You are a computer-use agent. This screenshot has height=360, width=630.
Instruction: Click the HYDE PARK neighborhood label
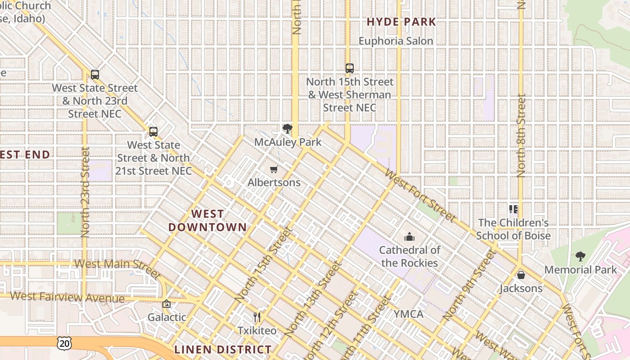pyautogui.click(x=401, y=22)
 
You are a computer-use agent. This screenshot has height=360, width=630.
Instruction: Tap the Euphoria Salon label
pyautogui.click(x=396, y=41)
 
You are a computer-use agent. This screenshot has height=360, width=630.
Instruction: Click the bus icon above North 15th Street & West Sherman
pyautogui.click(x=350, y=68)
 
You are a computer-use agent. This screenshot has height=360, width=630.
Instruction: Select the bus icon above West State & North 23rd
pyautogui.click(x=95, y=75)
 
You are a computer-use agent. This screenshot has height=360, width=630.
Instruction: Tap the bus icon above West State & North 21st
pyautogui.click(x=153, y=132)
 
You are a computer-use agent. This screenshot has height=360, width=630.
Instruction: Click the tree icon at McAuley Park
pyautogui.click(x=287, y=129)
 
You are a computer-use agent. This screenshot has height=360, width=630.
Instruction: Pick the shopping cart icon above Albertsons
pyautogui.click(x=274, y=170)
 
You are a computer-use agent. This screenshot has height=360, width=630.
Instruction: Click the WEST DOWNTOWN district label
pyautogui.click(x=207, y=220)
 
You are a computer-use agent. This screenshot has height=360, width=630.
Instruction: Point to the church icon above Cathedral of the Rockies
pyautogui.click(x=409, y=236)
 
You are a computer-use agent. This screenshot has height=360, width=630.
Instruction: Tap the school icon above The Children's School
pyautogui.click(x=513, y=209)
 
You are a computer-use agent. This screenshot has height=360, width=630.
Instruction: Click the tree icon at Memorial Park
pyautogui.click(x=580, y=256)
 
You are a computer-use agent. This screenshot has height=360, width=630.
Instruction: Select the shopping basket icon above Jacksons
pyautogui.click(x=521, y=274)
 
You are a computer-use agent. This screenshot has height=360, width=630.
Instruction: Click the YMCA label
pyautogui.click(x=408, y=314)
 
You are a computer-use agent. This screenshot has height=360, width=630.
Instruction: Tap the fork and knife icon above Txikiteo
pyautogui.click(x=257, y=317)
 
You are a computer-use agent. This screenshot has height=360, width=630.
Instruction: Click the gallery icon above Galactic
pyautogui.click(x=166, y=304)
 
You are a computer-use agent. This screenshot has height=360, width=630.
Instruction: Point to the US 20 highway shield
pyautogui.click(x=64, y=343)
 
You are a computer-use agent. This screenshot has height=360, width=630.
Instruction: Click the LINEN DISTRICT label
pyautogui.click(x=223, y=350)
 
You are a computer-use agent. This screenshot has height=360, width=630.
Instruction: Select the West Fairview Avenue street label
pyautogui.click(x=67, y=297)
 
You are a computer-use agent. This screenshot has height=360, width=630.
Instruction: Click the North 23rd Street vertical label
pyautogui.click(x=85, y=193)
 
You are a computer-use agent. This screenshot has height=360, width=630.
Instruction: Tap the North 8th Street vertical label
pyautogui.click(x=521, y=135)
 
